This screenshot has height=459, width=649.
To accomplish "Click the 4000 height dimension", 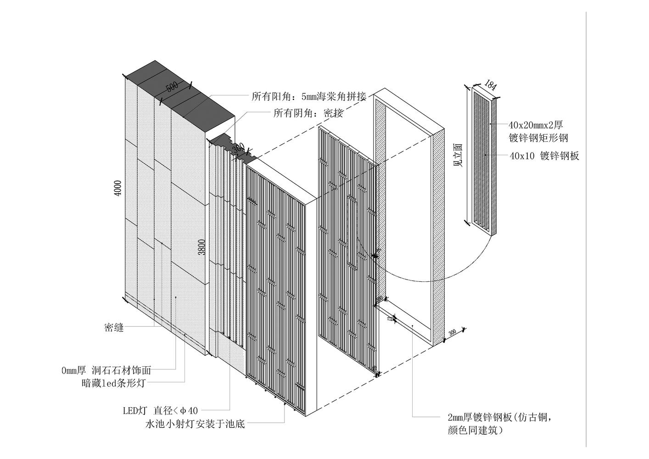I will [118, 188].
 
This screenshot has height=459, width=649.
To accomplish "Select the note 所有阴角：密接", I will [308, 113].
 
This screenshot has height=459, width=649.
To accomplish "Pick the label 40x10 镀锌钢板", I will [544, 156].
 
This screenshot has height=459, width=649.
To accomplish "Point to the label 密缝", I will [114, 328].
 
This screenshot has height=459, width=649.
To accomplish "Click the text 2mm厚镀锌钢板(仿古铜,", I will [503, 417].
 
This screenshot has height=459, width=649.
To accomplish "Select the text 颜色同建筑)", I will [475, 431].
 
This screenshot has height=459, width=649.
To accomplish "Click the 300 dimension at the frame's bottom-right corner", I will [453, 333].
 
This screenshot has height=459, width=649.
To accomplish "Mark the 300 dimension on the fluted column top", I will [238, 149].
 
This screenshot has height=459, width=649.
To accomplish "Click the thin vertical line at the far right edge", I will [586, 229].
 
